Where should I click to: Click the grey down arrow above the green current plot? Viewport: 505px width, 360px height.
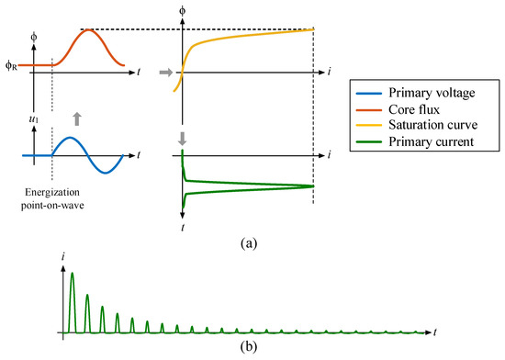(182, 139)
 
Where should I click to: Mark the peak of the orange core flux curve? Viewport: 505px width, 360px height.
(87, 30)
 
